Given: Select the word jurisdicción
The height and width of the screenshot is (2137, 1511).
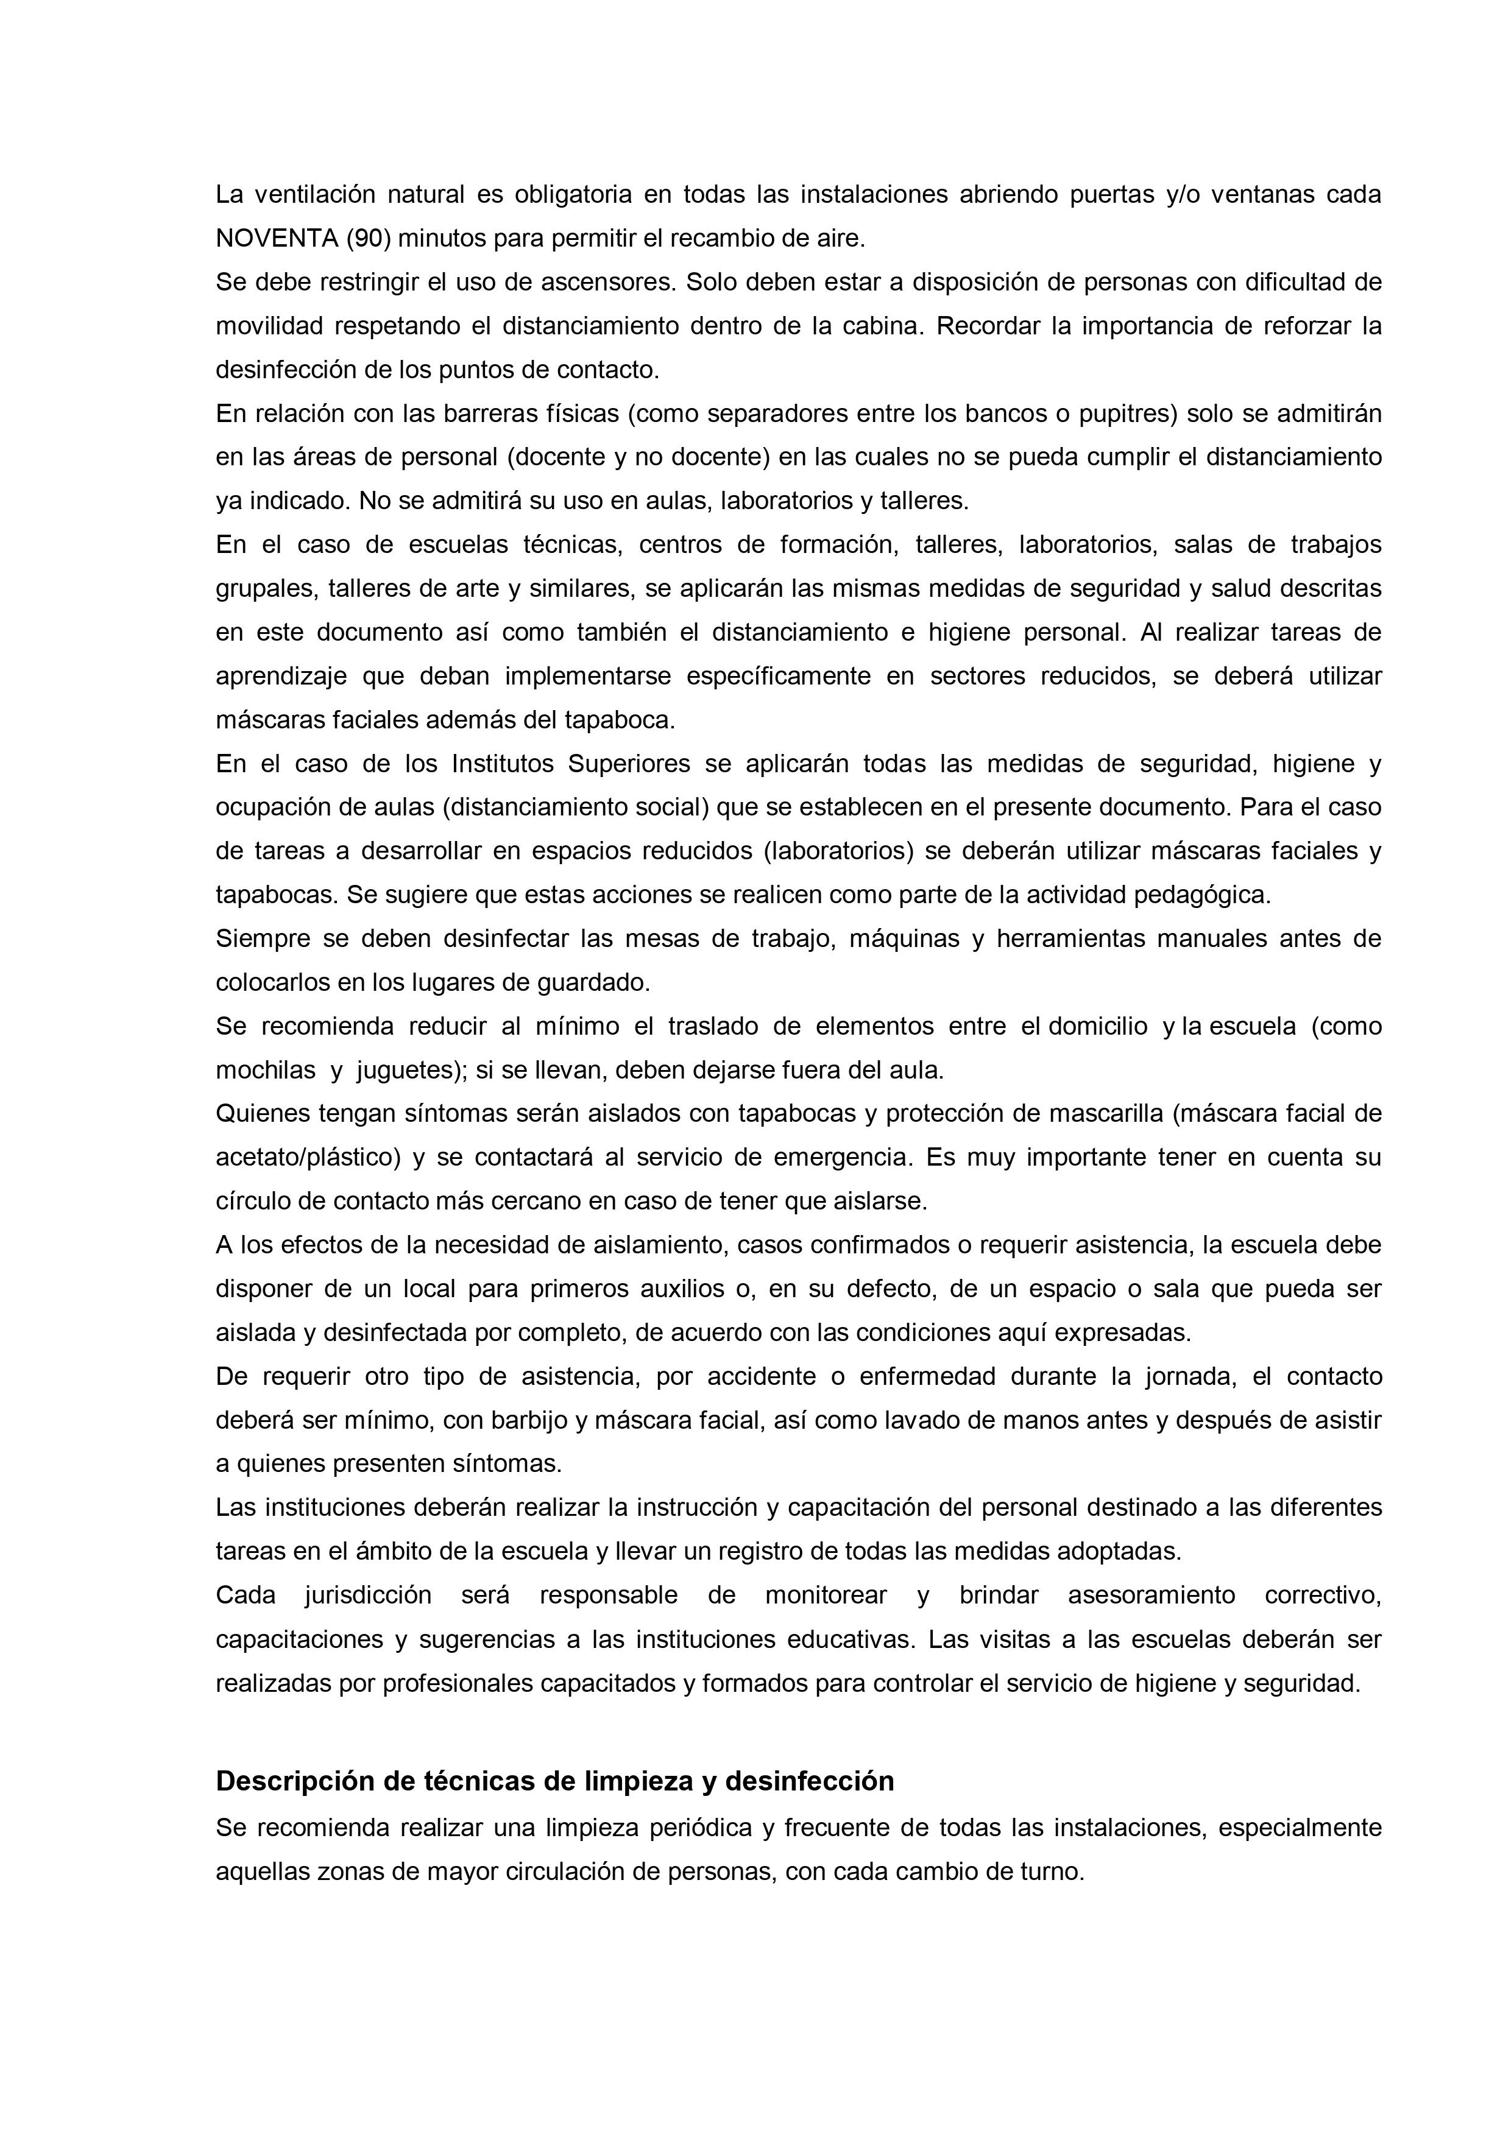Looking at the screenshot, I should point(368,1596).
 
